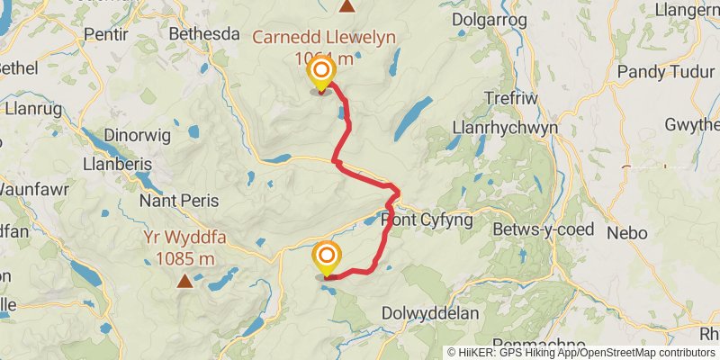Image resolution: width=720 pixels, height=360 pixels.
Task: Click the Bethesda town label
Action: (x=204, y=34)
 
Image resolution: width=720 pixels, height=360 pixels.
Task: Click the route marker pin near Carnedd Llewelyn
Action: (x=321, y=71)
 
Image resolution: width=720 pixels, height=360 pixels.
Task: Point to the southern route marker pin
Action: (x=326, y=258)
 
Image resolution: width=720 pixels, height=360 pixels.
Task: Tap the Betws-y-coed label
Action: (x=544, y=229)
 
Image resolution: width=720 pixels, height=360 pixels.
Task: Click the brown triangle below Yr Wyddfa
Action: (x=184, y=281)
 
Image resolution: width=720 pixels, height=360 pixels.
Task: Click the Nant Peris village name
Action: (x=175, y=200)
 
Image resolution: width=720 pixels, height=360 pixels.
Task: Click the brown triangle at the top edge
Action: (x=346, y=5)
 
